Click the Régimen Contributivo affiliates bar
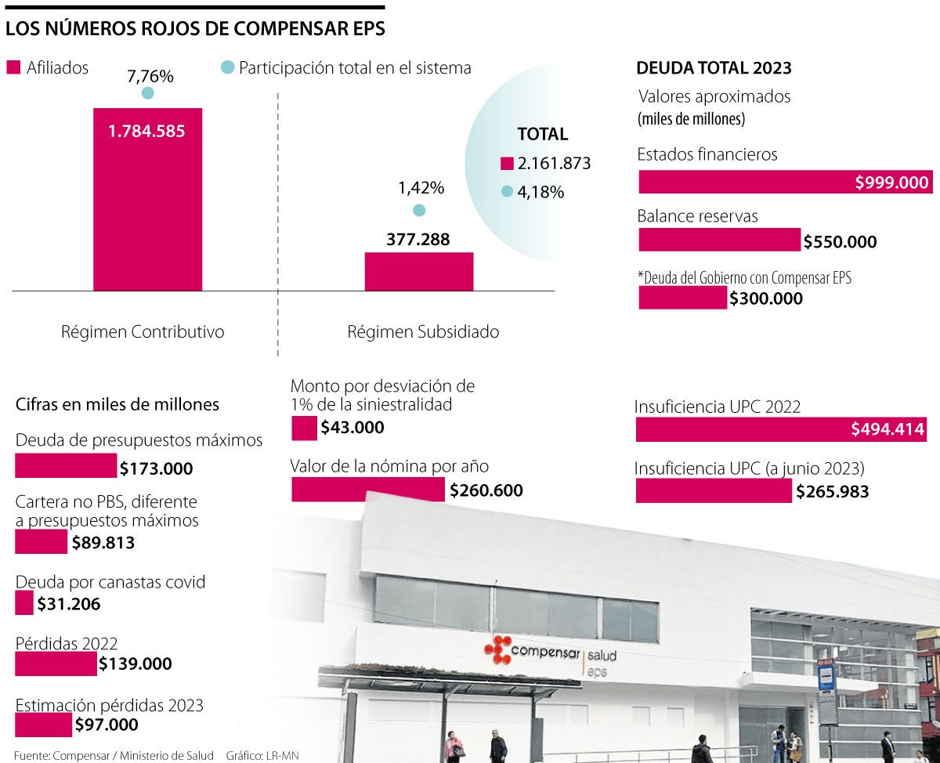pos(147,199)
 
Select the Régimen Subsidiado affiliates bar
pos(418,271)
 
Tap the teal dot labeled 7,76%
pos(147,93)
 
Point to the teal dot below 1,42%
pos(419,210)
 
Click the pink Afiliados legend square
pos(13,68)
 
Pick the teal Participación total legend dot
pos(227,68)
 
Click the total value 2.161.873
pos(553,164)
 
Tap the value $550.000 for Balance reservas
pos(840,242)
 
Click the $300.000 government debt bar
pos(682,298)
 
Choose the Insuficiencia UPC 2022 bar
pos(780,429)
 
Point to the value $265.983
pos(832,491)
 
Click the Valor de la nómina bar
pos(367,490)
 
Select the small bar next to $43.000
pos(303,429)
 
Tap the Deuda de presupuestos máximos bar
pos(66,467)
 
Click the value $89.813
pos(103,542)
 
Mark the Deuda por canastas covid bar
pos(24,603)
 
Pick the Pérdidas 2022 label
pos(67,643)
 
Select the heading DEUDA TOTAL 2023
pos(714,67)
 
